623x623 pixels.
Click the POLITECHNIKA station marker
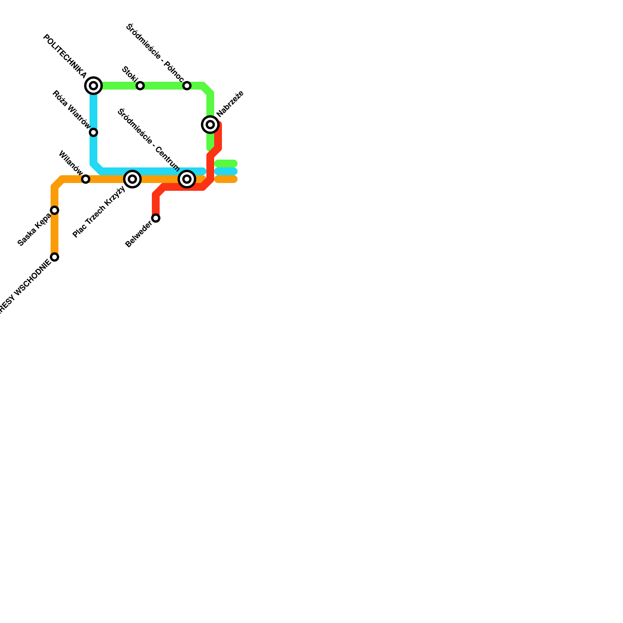(x=93, y=86)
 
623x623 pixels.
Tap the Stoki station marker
(x=140, y=86)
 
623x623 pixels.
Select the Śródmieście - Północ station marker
(x=187, y=86)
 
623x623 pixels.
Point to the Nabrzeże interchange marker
(x=210, y=125)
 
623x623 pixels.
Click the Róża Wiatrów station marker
(x=93, y=132)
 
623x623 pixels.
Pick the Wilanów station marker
(x=86, y=179)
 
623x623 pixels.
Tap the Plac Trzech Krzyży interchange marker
(x=132, y=179)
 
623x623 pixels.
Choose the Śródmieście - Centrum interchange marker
(x=187, y=179)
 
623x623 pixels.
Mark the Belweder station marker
(x=156, y=218)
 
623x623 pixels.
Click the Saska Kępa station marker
(x=55, y=210)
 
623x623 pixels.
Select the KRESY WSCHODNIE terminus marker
(x=55, y=257)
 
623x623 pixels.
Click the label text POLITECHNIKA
(x=65, y=56)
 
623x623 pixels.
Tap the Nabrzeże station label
(x=231, y=104)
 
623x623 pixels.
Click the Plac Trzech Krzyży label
(x=99, y=212)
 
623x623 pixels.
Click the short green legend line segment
(x=226, y=164)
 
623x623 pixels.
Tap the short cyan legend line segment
(x=226, y=171)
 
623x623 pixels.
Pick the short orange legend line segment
(x=226, y=179)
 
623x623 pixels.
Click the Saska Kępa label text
(x=34, y=230)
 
